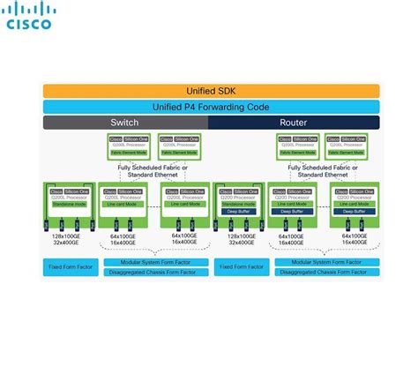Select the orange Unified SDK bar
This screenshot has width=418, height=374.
(x=210, y=91)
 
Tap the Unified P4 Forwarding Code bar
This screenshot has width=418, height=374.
(x=210, y=107)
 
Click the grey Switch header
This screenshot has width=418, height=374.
(x=124, y=123)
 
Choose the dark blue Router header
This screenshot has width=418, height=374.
(x=294, y=123)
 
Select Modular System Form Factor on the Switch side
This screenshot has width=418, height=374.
(x=155, y=262)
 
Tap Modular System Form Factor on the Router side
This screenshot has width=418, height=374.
(x=325, y=262)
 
